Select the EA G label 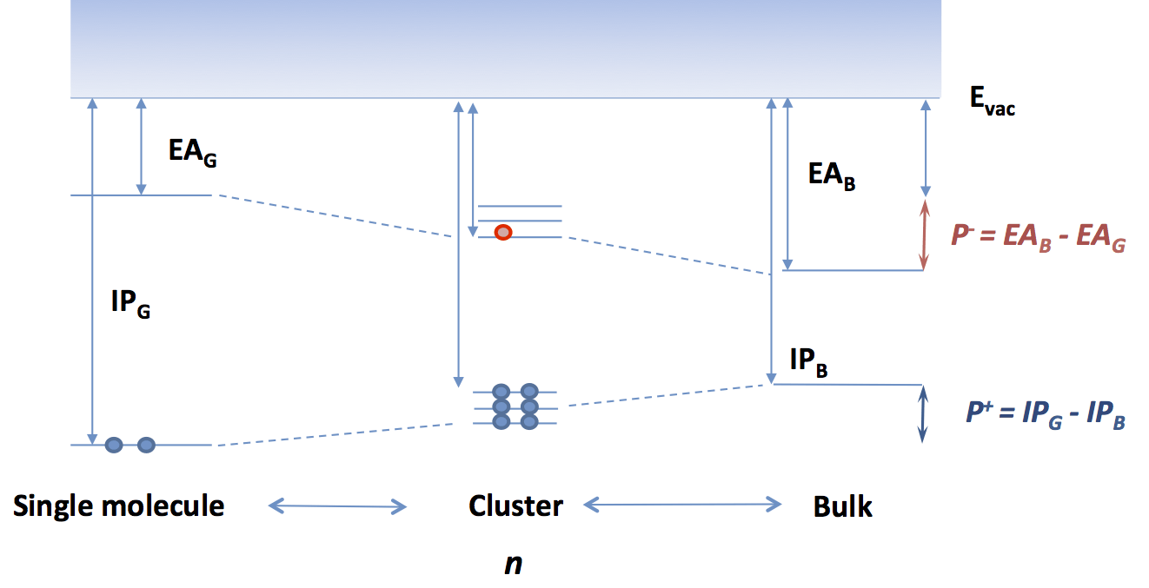point(192,153)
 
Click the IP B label point(808,362)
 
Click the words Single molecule point(119,505)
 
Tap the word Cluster point(515,505)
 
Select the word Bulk point(842,506)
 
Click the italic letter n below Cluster point(514,563)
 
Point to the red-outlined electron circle point(502,232)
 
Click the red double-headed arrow point(925,235)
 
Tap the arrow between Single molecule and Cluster point(337,505)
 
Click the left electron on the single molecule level point(114,445)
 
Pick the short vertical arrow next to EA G point(140,146)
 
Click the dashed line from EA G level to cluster point(335,215)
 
